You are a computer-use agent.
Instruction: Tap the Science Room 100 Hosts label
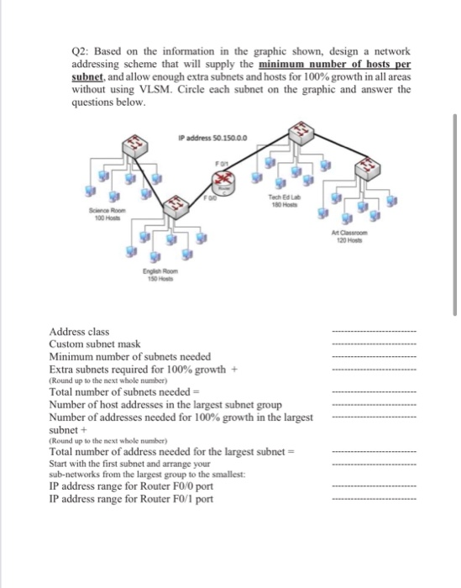pos(107,214)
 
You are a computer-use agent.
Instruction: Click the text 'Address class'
pos(79,332)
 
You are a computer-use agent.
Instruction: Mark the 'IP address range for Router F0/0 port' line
pos(131,486)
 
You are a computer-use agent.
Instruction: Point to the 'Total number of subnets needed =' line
pos(122,391)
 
